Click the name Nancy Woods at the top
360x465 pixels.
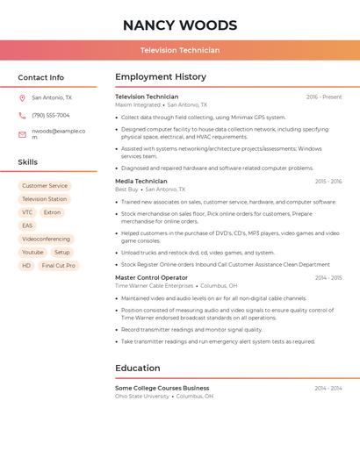(180, 25)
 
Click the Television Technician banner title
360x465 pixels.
(180, 50)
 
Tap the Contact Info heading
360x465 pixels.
(41, 77)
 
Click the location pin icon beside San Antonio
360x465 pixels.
(22, 98)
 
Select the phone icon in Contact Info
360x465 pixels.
(22, 115)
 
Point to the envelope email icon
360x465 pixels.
(22, 134)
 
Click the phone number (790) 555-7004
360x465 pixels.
(51, 115)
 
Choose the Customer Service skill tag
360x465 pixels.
(45, 186)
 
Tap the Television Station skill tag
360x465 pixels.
(45, 199)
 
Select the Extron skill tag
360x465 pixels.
(53, 212)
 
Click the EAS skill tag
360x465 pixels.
(27, 225)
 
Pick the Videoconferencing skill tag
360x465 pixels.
(47, 239)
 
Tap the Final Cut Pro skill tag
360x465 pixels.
(59, 265)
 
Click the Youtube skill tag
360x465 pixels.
(32, 252)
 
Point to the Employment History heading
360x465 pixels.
(161, 77)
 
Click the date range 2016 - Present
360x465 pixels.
(324, 97)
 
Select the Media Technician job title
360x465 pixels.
(141, 182)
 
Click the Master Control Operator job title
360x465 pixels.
(151, 278)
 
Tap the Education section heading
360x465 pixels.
(138, 368)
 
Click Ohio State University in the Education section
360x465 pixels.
(142, 397)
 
